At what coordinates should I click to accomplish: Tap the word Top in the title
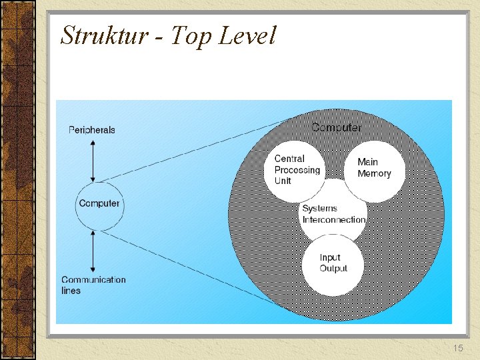pos(189,35)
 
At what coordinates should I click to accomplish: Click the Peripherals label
pos(92,130)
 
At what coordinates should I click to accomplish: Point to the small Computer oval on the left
pos(99,203)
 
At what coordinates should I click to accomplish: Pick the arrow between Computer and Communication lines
pos(95,250)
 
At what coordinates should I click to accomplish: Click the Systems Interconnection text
pos(333,214)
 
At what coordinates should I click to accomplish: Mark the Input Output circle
pos(333,263)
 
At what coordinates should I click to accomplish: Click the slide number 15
pos(457,349)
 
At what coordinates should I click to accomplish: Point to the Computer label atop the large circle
pos(337,127)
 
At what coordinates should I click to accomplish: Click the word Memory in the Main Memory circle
pos(374,174)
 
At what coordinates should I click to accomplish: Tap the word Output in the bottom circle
pos(333,269)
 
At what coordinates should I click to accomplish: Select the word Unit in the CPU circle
pos(283,181)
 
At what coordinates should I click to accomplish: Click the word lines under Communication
pos(71,291)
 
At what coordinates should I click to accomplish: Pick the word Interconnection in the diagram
pos(334,220)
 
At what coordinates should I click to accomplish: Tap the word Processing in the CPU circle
pos(297,170)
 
